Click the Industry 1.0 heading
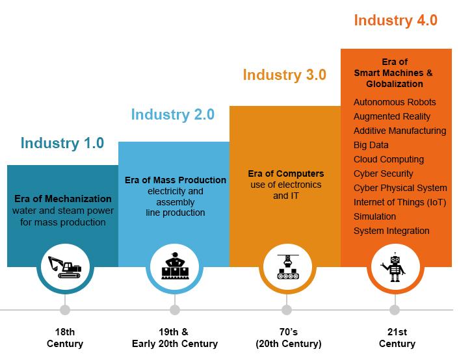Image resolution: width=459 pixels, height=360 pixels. coord(62,143)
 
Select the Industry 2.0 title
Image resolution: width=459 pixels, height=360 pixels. coord(173,114)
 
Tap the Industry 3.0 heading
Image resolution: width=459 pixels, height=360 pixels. coord(285,75)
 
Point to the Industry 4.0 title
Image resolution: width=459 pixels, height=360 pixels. coord(395,21)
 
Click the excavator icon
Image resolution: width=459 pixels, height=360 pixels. coord(65,267)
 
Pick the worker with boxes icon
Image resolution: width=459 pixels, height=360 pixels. coord(175,266)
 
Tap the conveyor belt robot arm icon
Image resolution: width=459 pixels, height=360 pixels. coord(288,266)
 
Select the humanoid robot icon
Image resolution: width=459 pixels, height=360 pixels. coord(394,267)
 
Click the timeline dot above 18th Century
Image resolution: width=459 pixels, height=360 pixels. coord(65,310)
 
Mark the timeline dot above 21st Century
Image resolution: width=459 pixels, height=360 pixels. coord(395,310)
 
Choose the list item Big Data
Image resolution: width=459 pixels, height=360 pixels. coord(371,145)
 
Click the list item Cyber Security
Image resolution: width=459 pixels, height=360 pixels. coord(383,174)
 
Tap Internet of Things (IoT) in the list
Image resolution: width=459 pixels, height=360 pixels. coord(400,202)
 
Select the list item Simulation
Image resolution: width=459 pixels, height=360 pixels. coord(374,216)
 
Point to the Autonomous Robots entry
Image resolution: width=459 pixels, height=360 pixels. coord(395,102)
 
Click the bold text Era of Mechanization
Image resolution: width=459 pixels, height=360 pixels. coord(63,199)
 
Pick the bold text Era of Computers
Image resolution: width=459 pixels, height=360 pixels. coord(286,174)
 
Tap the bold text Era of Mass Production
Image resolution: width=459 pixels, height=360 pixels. coord(176,180)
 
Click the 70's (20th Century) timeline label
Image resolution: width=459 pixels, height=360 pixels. coord(289,338)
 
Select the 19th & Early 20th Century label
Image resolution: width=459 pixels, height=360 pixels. coord(175,338)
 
